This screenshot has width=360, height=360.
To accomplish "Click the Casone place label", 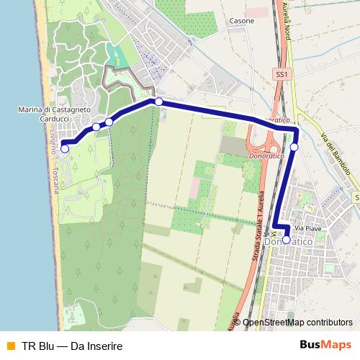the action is tap(243, 22).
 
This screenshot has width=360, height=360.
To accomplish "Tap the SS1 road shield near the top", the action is tap(281, 74).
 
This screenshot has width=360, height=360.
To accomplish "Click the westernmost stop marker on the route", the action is tap(65, 149).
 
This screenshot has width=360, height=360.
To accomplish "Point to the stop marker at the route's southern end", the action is tap(287, 240).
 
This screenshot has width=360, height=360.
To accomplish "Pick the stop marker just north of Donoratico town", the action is tap(294, 147).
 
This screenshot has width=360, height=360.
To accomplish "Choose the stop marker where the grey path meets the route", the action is tap(158, 102).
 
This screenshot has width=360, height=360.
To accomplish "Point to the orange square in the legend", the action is tap(10, 346).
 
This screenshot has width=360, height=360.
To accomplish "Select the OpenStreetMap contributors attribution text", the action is tap(297, 323).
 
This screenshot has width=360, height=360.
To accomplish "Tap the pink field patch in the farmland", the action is tap(194, 189).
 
